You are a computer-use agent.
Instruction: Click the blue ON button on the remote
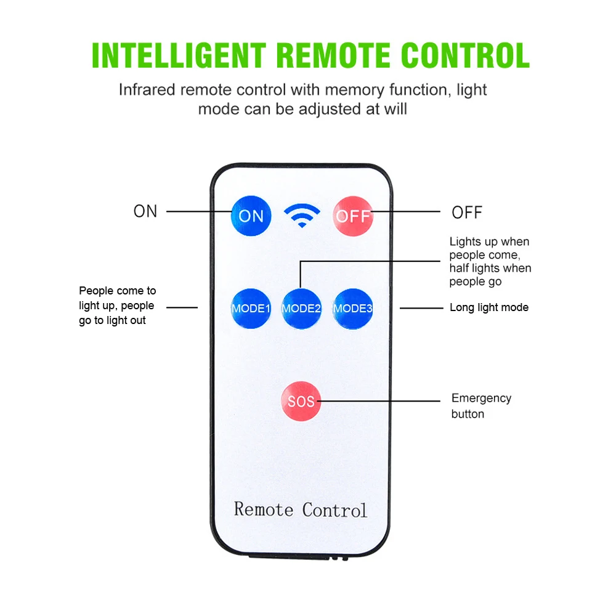click(x=251, y=216)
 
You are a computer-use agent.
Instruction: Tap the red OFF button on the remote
click(x=353, y=216)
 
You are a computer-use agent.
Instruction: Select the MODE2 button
click(x=301, y=308)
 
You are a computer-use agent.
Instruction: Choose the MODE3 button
click(x=353, y=308)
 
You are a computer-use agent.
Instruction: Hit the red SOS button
click(x=301, y=402)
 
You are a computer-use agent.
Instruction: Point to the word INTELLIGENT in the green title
click(x=179, y=55)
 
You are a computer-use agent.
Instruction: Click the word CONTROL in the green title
click(x=465, y=55)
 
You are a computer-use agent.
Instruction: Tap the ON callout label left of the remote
click(x=145, y=211)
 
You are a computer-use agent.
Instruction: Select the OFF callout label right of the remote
click(x=467, y=213)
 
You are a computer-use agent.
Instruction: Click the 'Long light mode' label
click(x=489, y=307)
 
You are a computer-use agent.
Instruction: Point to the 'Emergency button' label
click(x=481, y=406)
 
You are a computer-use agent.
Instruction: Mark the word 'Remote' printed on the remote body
click(x=263, y=509)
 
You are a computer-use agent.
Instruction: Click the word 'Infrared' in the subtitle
click(x=147, y=90)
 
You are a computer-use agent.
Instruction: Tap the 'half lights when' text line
click(x=490, y=268)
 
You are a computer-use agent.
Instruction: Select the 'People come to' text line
click(x=118, y=291)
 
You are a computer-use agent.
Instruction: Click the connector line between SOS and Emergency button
click(x=382, y=401)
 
